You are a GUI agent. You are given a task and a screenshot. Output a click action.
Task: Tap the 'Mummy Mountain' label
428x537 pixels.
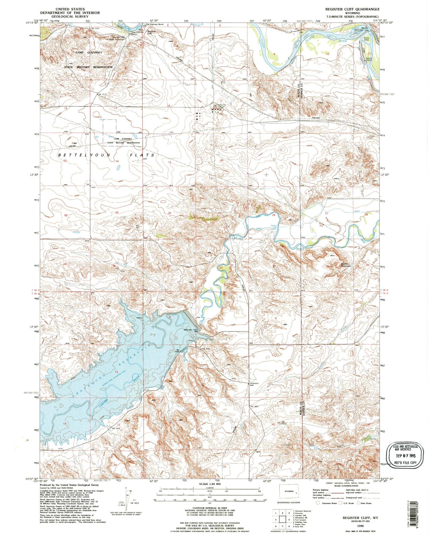click(x=347, y=265)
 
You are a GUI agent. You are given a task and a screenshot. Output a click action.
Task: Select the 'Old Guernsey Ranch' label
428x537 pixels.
click(x=155, y=24)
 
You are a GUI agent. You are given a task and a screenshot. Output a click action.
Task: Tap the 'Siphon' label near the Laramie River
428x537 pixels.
click(x=274, y=225)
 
